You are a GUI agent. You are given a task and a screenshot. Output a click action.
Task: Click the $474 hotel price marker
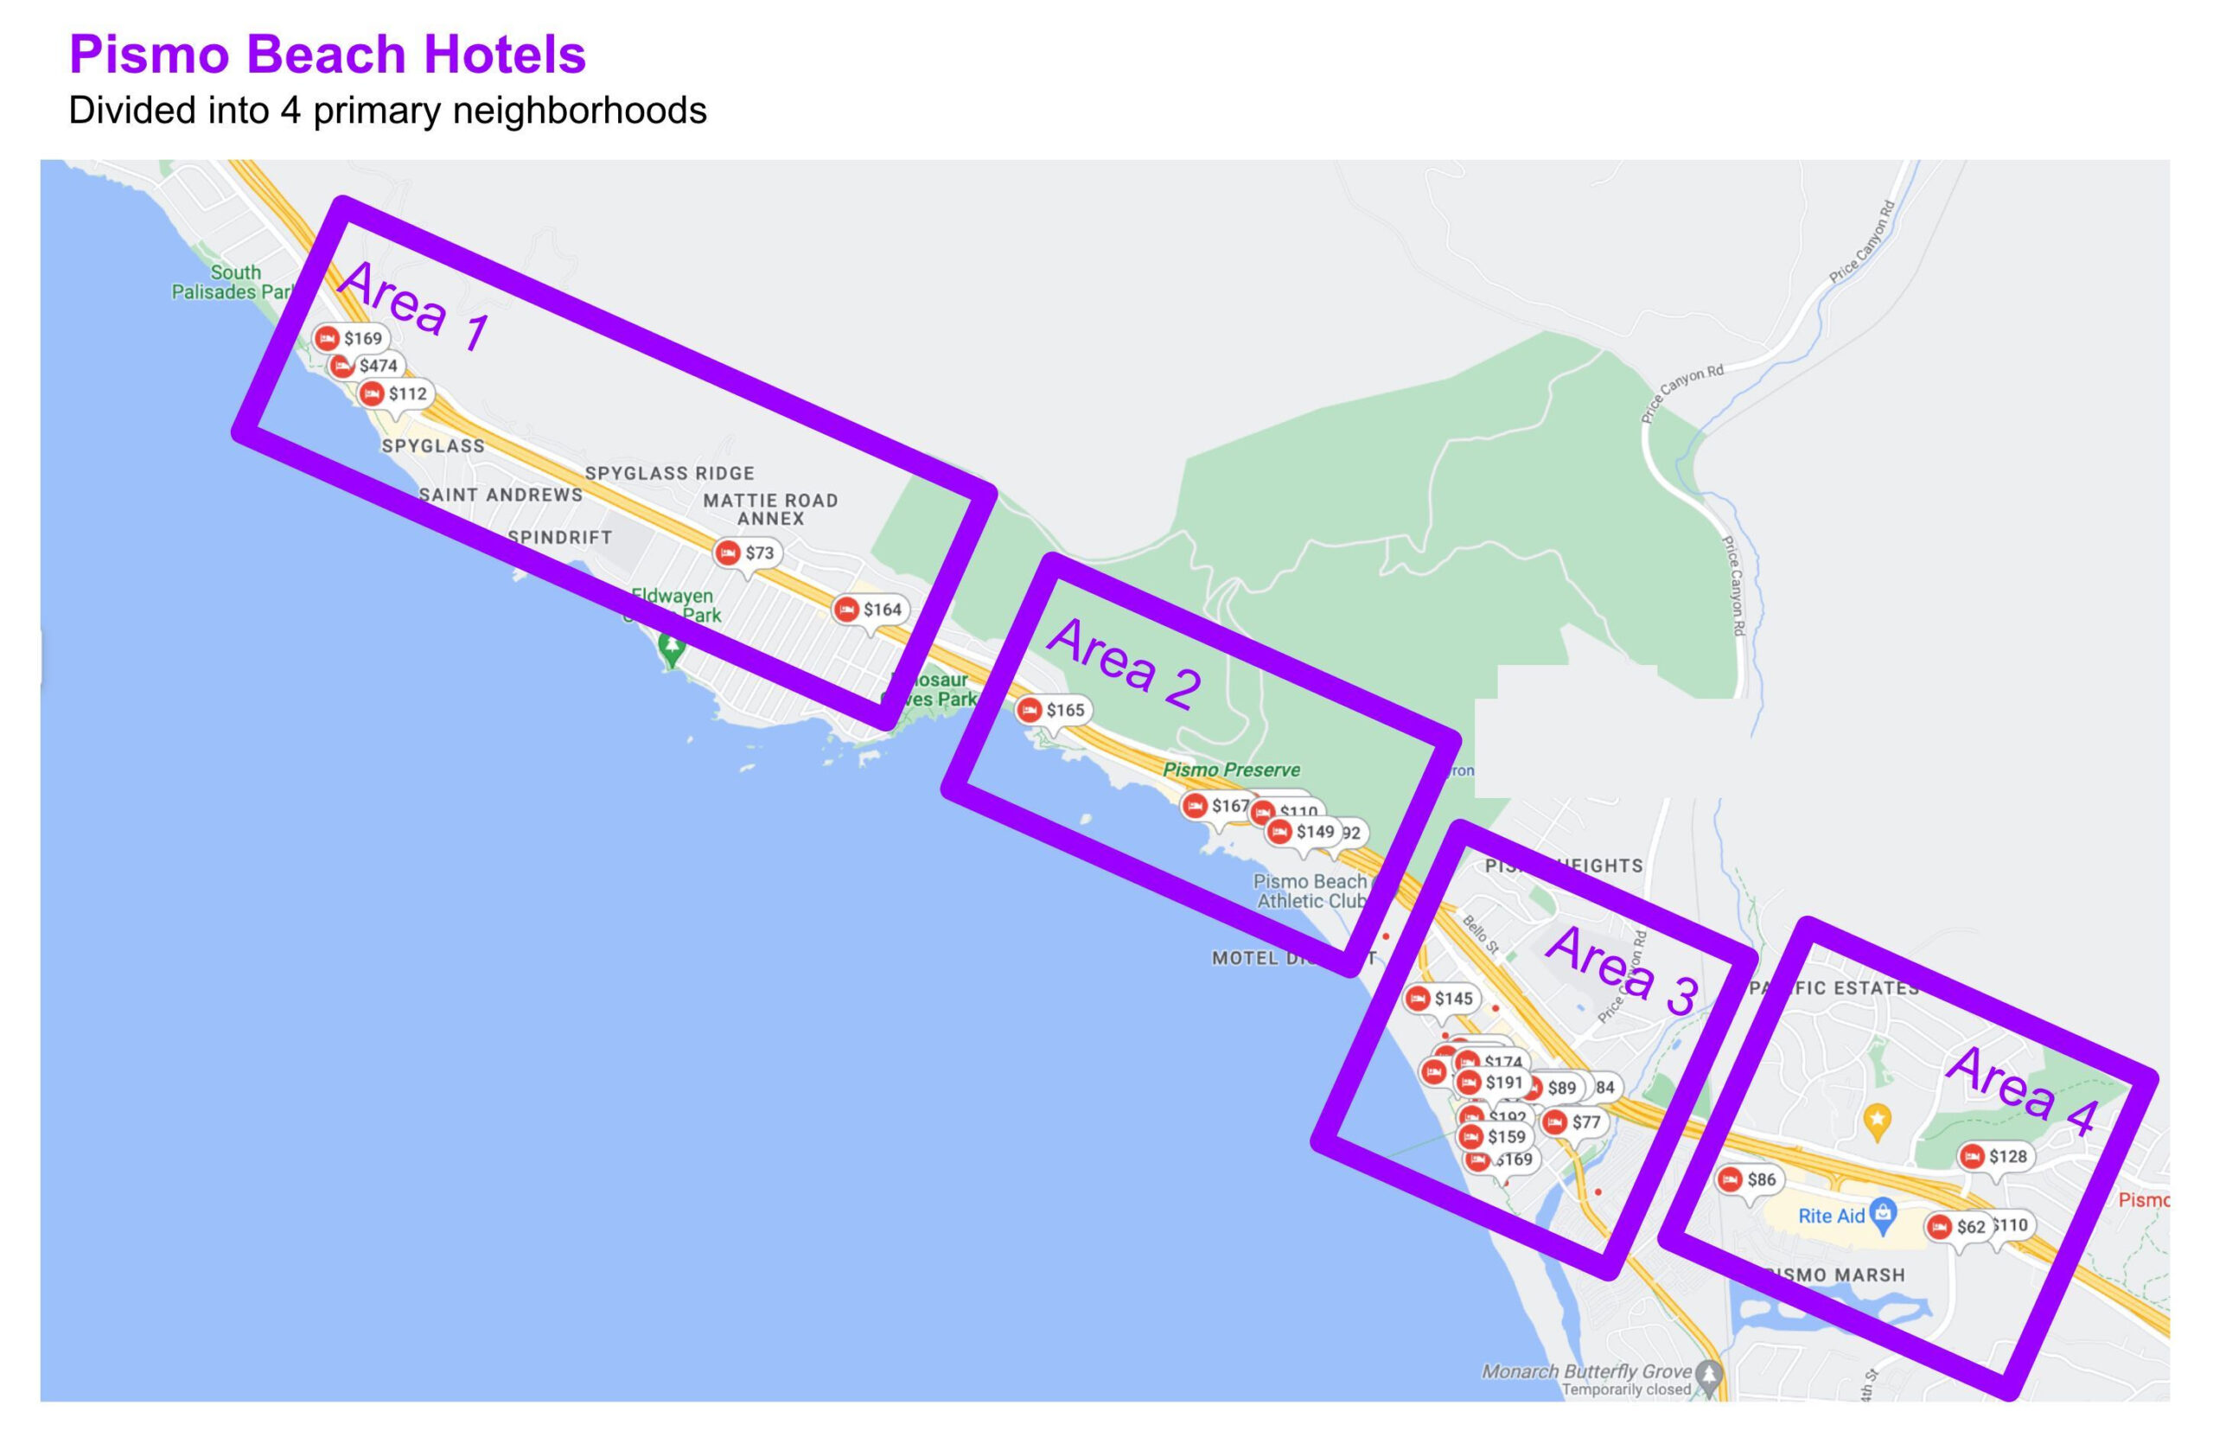369,366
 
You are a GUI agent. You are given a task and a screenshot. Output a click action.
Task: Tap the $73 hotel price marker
747,553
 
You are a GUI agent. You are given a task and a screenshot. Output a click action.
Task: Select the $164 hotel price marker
870,610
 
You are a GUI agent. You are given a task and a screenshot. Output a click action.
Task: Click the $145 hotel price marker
1441,999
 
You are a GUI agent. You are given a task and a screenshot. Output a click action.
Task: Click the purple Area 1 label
412,306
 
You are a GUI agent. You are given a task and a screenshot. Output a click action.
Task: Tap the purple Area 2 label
1124,663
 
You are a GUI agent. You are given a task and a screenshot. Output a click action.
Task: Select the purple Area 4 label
2022,1091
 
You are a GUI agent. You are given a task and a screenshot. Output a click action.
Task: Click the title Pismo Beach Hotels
327,54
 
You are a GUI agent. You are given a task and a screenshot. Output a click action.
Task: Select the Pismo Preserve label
1231,770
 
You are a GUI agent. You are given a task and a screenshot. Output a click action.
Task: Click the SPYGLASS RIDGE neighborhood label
669,473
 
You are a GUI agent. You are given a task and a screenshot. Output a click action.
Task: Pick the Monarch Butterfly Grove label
1587,1371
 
